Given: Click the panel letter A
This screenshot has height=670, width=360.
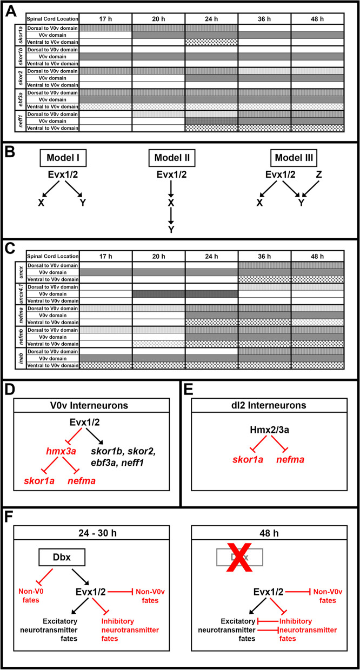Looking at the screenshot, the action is coord(11,12).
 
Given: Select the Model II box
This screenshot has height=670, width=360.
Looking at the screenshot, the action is coord(172,158).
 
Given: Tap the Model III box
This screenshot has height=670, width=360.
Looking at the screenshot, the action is coord(294,158).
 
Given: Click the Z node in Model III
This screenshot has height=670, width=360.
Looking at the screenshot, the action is coord(319,175).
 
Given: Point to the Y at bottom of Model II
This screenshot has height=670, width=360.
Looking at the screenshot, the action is coord(171,230).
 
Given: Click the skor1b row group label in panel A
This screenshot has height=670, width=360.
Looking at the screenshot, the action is coord(21,57).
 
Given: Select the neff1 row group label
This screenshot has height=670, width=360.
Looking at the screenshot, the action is coord(21,121).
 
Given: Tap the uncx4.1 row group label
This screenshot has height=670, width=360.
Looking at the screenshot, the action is coord(21,294).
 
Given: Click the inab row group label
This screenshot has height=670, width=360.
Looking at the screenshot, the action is coord(21,358).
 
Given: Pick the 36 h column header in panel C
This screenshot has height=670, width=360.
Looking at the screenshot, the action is coord(264,256).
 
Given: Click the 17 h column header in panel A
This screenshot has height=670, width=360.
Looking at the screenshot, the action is coord(105,19).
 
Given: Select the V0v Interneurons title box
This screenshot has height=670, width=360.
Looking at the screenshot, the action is coord(91,405).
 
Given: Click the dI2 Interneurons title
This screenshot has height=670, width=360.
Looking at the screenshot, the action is coord(269,405).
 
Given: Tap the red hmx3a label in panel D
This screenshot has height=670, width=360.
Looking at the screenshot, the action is coord(61,451).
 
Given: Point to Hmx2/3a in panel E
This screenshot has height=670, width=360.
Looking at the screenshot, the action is coord(269,430).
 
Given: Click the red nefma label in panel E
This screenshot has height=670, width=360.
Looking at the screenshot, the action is coord(290,459).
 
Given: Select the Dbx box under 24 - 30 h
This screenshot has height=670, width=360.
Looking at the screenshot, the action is coord(62,558).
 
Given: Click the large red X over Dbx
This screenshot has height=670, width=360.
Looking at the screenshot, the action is coord(239,557).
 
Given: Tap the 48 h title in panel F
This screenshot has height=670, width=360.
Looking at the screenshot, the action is coord(269,533).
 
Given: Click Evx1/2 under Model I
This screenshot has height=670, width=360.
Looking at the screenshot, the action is coord(63,175).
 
